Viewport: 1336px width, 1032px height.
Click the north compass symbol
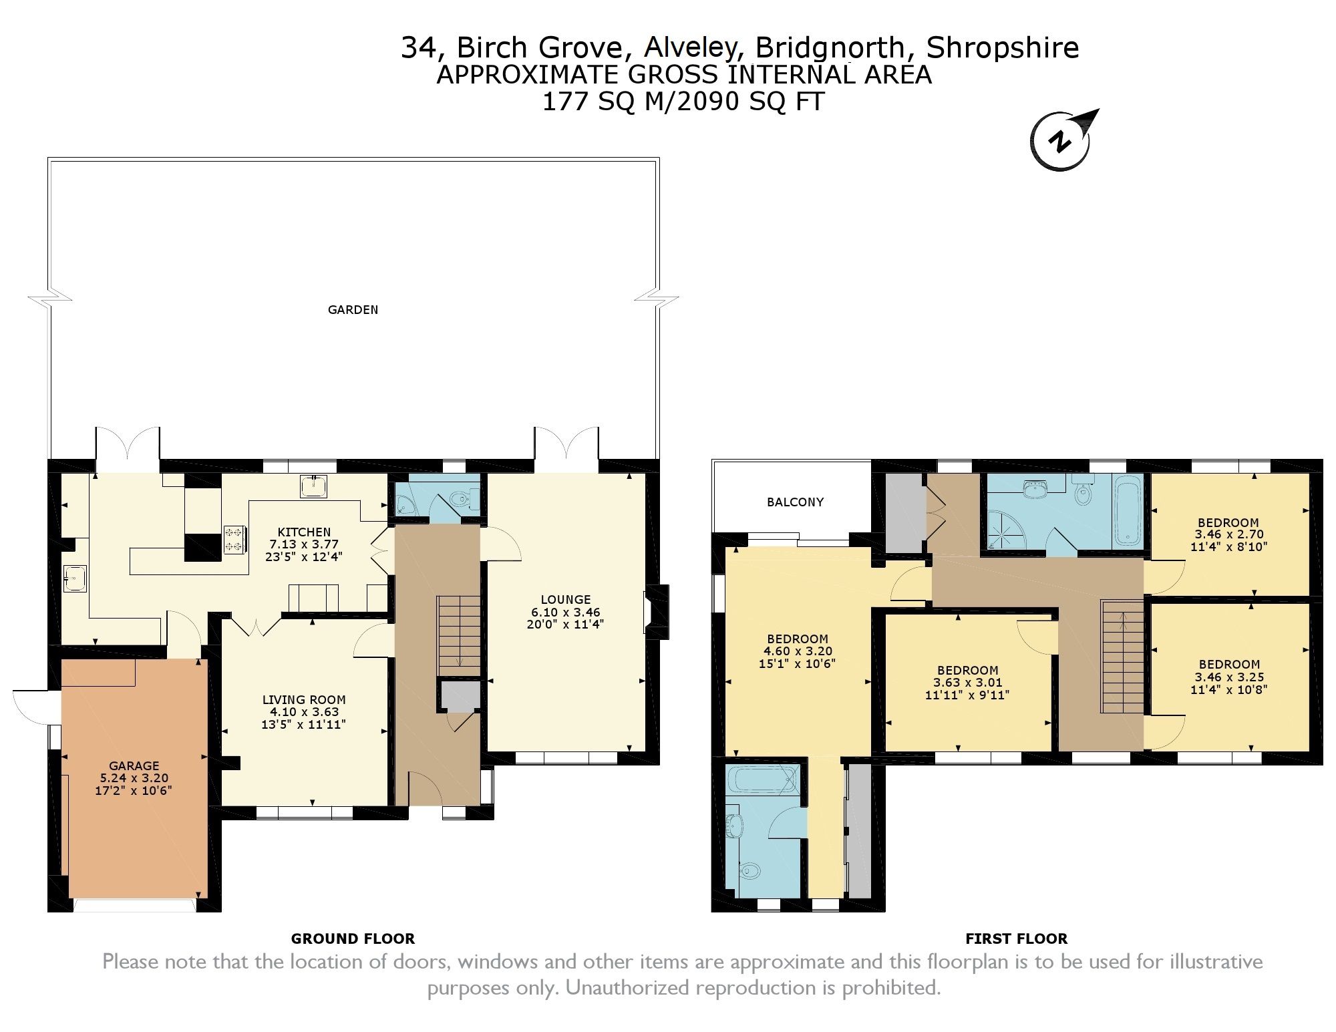[x=1062, y=140]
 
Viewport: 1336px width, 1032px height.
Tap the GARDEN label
[x=353, y=309]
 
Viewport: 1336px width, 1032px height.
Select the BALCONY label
[x=795, y=502]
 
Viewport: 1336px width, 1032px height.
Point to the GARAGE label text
[x=134, y=765]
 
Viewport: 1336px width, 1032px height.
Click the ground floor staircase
[x=459, y=635]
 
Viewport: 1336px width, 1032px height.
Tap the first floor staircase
[x=1122, y=657]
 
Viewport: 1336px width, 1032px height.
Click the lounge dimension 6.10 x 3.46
[x=565, y=612]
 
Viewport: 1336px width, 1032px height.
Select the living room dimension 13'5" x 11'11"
[x=303, y=724]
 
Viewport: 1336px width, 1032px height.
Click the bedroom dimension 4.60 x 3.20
[x=798, y=651]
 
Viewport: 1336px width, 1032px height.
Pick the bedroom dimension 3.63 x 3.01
[x=967, y=682]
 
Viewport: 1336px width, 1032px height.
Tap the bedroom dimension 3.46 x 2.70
[x=1228, y=534]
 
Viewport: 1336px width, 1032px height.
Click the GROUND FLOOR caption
[x=353, y=938]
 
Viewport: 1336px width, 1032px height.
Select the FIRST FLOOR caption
[x=1016, y=938]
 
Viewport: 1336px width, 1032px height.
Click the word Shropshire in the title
[x=1003, y=47]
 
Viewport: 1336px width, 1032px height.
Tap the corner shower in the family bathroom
[x=1003, y=531]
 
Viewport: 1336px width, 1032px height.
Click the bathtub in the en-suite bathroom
[x=763, y=779]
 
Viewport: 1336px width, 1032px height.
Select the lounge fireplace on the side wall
[x=657, y=611]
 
